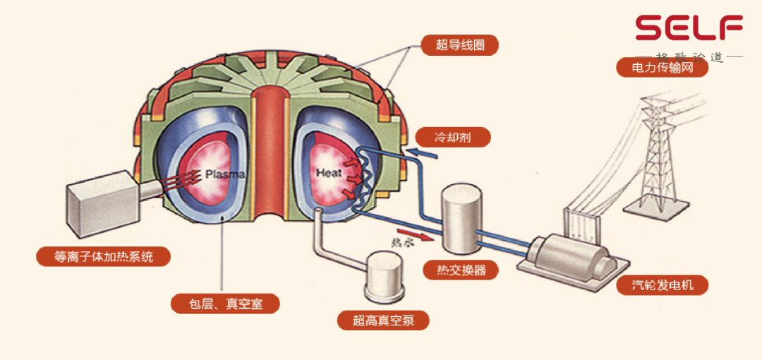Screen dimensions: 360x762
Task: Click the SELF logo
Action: point(689,28)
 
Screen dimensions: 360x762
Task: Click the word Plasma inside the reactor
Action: point(224,173)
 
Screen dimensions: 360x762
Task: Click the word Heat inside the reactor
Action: point(328,173)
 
